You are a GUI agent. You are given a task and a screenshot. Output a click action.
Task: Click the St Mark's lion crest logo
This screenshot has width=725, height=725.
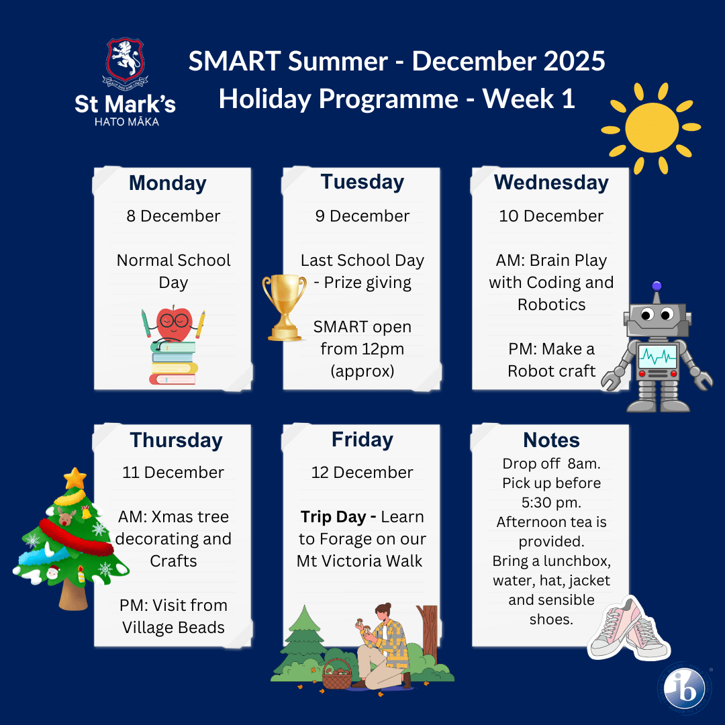click(x=125, y=63)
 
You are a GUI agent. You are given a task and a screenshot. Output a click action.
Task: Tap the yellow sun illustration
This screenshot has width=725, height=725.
click(x=651, y=128)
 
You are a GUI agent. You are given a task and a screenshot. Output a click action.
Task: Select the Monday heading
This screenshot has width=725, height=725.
click(x=168, y=183)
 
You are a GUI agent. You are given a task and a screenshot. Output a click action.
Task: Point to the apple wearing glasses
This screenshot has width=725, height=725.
click(x=174, y=322)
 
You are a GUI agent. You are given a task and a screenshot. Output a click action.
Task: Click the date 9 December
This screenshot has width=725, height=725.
click(x=362, y=216)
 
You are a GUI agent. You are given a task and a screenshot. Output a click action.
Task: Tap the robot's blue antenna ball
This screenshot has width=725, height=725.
click(x=657, y=286)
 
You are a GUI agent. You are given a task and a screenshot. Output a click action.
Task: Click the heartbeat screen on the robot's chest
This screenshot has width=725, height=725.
click(x=657, y=356)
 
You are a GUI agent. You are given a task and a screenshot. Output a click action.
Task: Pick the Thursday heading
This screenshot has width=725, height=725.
click(x=176, y=440)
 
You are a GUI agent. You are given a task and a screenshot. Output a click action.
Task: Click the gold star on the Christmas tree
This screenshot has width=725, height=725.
click(x=75, y=478)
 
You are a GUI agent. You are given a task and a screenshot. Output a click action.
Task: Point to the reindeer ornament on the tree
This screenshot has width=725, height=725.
click(x=66, y=516)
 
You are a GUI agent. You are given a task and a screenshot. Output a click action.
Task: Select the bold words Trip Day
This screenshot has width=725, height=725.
click(x=333, y=517)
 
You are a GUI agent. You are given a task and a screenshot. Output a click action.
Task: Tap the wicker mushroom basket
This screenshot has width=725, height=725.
click(x=336, y=674)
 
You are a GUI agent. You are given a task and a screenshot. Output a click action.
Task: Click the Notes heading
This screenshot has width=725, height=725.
click(x=551, y=440)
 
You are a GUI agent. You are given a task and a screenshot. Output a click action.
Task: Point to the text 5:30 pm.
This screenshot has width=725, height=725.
click(x=551, y=503)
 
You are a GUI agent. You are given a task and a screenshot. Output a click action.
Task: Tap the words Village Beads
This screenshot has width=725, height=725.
click(x=173, y=628)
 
